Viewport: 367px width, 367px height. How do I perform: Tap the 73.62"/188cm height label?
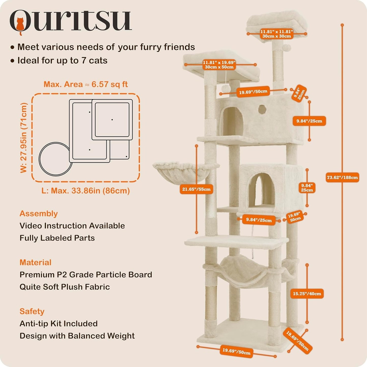point(342,178)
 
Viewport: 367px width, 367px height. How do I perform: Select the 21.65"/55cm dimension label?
point(196,189)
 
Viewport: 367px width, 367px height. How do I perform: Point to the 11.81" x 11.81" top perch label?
point(277,34)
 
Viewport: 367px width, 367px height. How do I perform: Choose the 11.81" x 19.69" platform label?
point(219,65)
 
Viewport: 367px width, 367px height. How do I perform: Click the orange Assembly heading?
point(38,214)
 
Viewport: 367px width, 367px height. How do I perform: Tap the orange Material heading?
point(35,262)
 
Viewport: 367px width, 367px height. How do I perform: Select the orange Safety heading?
point(32,311)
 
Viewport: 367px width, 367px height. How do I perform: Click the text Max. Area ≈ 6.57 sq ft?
point(86,84)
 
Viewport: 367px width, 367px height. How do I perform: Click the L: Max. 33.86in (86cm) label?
point(86,191)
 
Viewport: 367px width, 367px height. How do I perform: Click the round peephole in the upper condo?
point(262,109)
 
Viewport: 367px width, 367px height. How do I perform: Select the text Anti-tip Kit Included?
point(59,324)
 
